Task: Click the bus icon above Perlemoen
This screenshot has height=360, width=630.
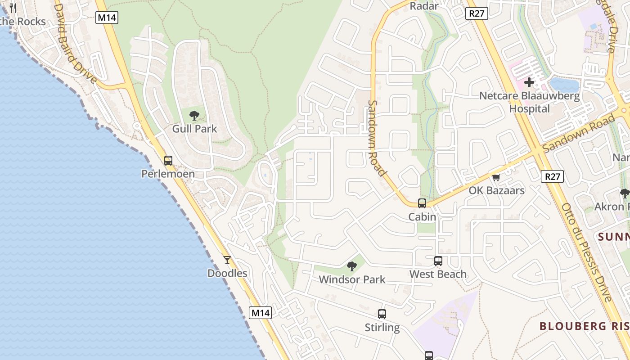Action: click(168, 160)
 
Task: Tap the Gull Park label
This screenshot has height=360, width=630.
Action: click(195, 129)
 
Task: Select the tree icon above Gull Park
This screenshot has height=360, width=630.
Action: click(194, 116)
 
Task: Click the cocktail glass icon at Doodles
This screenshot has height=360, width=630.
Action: click(227, 260)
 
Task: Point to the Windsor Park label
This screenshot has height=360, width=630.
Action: click(352, 279)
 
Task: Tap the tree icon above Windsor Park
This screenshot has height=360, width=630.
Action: click(352, 266)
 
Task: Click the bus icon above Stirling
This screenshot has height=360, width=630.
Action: click(382, 314)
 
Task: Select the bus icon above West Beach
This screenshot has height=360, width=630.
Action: click(438, 261)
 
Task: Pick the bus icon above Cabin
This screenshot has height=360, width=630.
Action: click(422, 203)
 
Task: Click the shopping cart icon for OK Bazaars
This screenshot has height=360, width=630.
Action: click(496, 177)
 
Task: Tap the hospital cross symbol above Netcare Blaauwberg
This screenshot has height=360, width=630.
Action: click(529, 83)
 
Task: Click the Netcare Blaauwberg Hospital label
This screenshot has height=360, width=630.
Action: click(530, 102)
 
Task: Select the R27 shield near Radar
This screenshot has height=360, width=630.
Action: click(477, 13)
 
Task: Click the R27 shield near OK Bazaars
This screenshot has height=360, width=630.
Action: click(552, 176)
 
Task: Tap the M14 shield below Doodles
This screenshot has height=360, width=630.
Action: click(261, 313)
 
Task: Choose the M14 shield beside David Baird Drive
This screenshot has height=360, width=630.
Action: click(107, 18)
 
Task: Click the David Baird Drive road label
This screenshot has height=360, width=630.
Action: click(75, 43)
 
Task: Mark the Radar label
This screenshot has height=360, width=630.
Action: click(424, 6)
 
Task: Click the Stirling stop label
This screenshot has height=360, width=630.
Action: click(382, 327)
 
